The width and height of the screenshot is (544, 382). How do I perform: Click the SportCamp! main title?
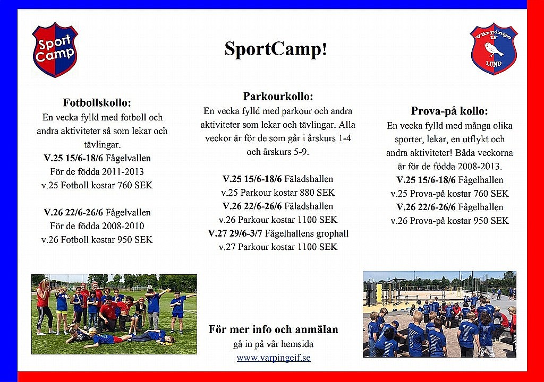276,49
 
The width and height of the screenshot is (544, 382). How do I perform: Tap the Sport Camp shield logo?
55,49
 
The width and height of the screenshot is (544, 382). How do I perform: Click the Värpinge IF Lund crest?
494,48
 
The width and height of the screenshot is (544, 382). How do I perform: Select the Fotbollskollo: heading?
97,102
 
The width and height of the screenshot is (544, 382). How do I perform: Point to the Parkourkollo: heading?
278,97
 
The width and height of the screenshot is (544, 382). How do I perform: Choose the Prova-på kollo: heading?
449,111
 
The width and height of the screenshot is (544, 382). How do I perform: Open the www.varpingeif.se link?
274,358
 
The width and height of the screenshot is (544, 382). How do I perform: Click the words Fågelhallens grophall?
307,233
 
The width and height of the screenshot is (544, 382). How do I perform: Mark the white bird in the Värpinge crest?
494,49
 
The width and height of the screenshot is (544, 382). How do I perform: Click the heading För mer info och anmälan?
274,329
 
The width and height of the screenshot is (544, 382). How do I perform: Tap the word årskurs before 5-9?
271,152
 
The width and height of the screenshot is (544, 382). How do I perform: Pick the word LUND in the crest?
494,64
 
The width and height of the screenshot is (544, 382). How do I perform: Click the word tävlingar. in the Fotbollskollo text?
103,144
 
